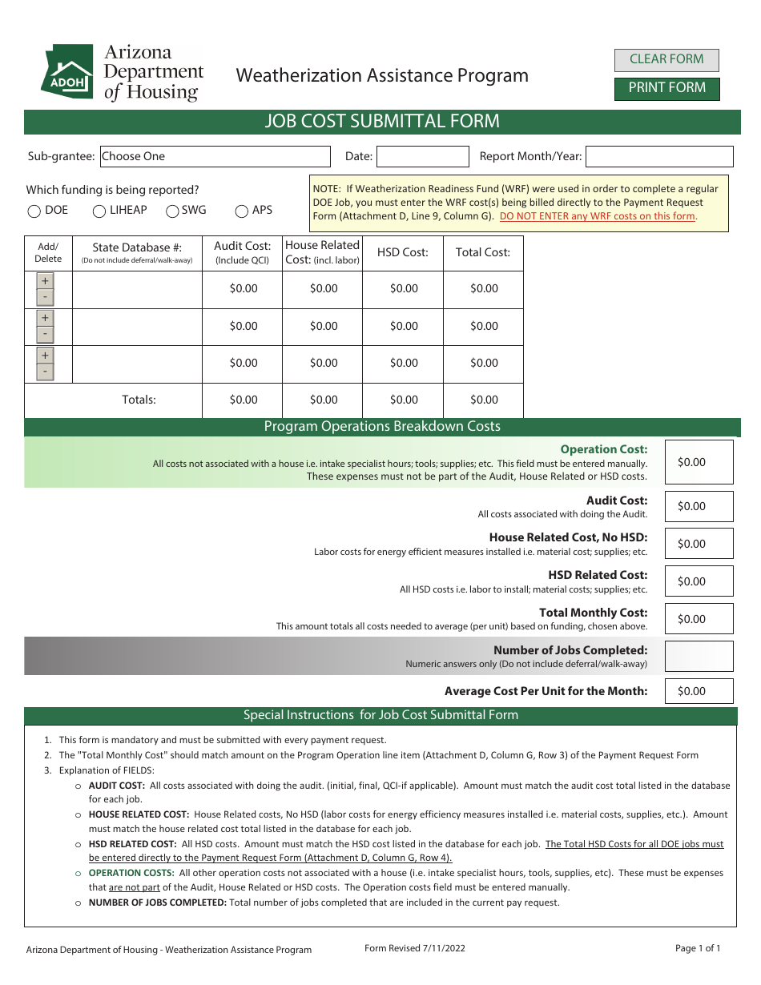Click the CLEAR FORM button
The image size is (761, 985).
(x=666, y=59)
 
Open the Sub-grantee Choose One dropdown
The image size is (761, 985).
(x=215, y=156)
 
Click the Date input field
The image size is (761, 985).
(x=422, y=156)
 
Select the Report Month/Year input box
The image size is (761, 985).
(x=659, y=156)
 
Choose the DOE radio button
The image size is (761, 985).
(x=34, y=211)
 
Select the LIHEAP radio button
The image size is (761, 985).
(x=99, y=211)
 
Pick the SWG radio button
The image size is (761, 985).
(x=172, y=211)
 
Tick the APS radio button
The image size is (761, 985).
(x=242, y=211)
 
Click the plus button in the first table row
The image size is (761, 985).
(x=45, y=281)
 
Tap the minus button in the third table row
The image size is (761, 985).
(x=45, y=372)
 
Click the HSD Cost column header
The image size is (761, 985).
(x=403, y=252)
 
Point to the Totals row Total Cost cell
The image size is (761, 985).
(x=483, y=400)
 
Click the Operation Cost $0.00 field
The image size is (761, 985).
(x=699, y=462)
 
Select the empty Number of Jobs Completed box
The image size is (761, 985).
(x=699, y=656)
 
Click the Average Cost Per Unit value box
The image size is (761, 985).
(x=699, y=691)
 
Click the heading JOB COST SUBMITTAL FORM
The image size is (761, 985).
(x=382, y=122)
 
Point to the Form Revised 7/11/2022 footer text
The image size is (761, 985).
(x=414, y=948)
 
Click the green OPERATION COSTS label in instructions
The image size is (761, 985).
(x=131, y=873)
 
